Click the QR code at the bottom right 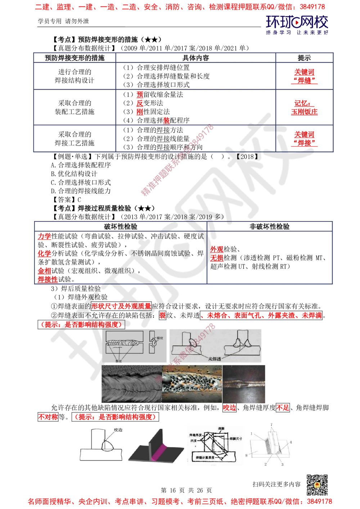click(316, 485)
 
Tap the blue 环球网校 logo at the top click(297, 25)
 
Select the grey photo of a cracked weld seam click(131, 383)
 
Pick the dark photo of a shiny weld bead click(245, 383)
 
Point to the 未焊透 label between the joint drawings click(215, 359)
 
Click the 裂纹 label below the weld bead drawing click(117, 359)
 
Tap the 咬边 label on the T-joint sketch click(118, 430)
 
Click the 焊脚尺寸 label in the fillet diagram click(235, 438)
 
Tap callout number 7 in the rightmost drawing click(271, 425)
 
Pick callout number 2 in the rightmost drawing click(266, 464)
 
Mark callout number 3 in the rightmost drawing click(282, 464)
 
